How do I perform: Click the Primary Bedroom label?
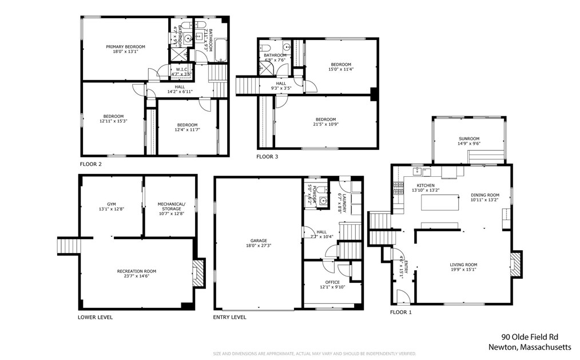tap(125, 46)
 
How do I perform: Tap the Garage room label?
tap(258, 240)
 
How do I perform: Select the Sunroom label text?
tap(468, 139)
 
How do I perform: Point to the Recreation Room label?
tap(136, 271)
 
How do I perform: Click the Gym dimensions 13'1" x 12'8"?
tap(112, 209)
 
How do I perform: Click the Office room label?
tap(332, 282)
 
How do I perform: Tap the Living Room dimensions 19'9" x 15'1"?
tap(463, 271)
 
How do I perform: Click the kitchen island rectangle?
tap(441, 203)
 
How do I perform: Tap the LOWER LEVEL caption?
tap(95, 317)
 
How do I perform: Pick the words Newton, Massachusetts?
tap(529, 347)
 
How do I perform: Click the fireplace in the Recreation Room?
tap(198, 273)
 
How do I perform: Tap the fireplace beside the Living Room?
tap(515, 266)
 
